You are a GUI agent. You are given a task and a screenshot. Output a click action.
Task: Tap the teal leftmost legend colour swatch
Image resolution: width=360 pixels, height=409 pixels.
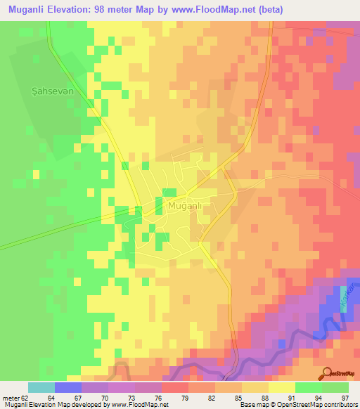[x=41, y=387]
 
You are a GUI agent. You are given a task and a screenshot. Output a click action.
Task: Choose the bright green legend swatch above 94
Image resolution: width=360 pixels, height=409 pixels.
[x=308, y=387]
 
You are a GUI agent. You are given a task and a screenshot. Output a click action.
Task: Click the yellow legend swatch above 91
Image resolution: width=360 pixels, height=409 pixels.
[x=281, y=387]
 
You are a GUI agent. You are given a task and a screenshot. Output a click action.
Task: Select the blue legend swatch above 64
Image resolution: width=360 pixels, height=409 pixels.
[x=68, y=387]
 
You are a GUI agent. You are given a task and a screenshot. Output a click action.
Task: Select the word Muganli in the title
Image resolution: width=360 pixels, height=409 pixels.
[x=25, y=10]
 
